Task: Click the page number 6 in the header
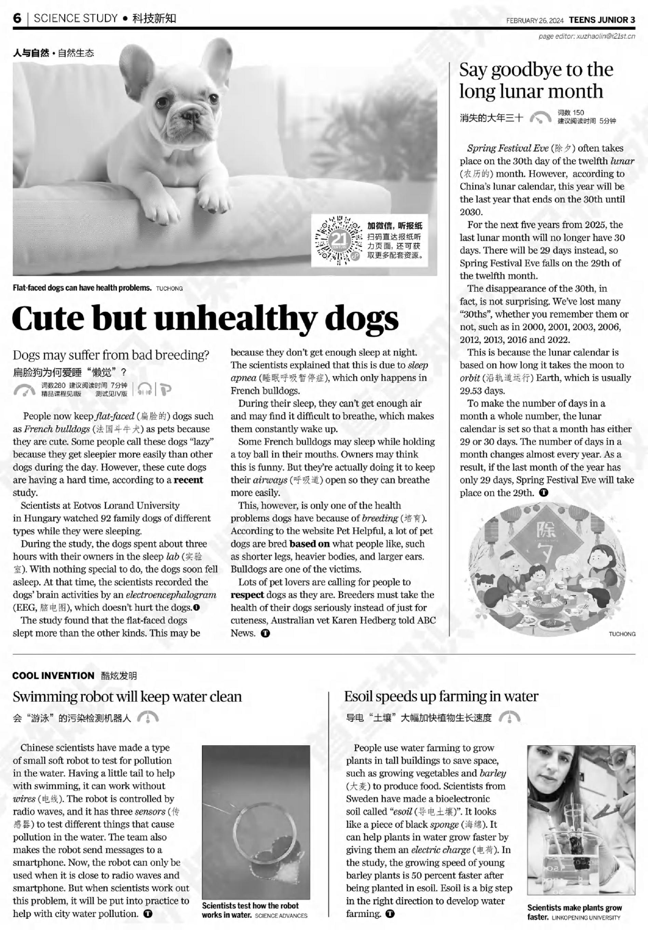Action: coord(17,18)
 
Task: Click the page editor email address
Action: coord(606,37)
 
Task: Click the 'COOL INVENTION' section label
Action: coord(53,676)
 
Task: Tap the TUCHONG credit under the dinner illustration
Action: coord(622,634)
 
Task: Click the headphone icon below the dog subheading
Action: coord(144,389)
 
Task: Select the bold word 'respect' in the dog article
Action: coord(247,595)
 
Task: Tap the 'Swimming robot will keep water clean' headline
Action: coord(127,697)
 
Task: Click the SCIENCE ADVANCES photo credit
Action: coord(281,915)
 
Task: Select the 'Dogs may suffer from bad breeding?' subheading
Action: coord(111,355)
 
